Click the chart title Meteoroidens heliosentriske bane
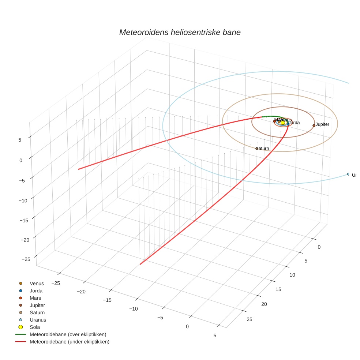[x=180, y=32]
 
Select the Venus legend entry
[x=37, y=283]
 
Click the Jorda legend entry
[x=36, y=290]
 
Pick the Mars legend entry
[x=35, y=298]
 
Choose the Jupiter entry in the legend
[x=37, y=305]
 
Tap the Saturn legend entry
[x=37, y=312]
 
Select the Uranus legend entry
[x=38, y=320]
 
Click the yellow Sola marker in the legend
[x=21, y=327]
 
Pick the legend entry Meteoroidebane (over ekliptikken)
[x=68, y=334]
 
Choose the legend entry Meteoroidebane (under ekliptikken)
[x=69, y=342]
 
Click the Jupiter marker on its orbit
[x=314, y=125]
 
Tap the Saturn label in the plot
[x=263, y=148]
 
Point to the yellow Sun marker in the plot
[x=283, y=123]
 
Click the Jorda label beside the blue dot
[x=295, y=123]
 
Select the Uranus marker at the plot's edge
[x=348, y=174]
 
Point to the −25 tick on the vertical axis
[x=26, y=259]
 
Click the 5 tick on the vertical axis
[x=20, y=140]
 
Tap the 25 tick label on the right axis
[x=250, y=319]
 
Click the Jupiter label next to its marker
[x=323, y=124]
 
